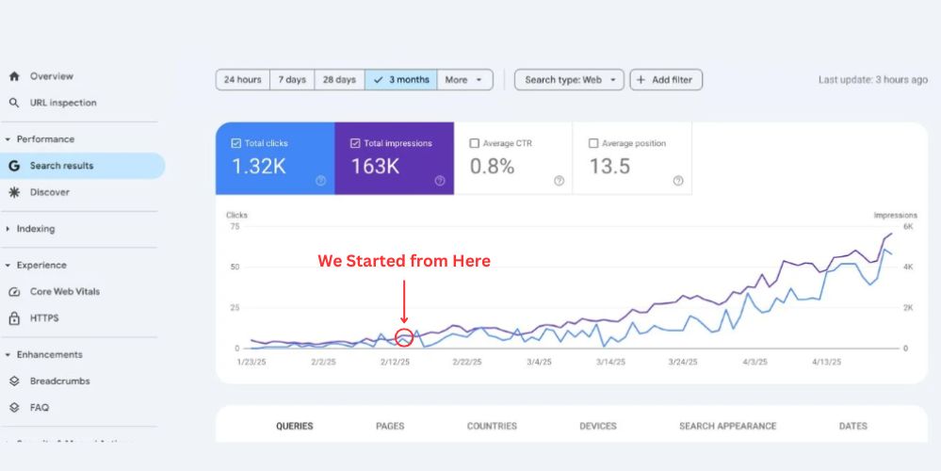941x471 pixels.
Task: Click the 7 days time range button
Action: (x=292, y=80)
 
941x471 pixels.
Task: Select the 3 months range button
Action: (x=402, y=80)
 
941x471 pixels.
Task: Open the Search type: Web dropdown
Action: (x=569, y=80)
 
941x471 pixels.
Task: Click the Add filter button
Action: (x=666, y=80)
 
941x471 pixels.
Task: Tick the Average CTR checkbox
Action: (x=475, y=143)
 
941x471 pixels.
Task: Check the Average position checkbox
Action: (x=593, y=143)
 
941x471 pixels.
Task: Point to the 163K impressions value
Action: (x=376, y=167)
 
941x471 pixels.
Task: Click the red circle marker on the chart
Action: (x=403, y=337)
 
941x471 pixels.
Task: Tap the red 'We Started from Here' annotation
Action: (x=403, y=261)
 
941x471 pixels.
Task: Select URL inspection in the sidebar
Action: (x=62, y=103)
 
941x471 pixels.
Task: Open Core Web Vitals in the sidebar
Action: (x=64, y=291)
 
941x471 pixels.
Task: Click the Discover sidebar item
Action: (x=49, y=192)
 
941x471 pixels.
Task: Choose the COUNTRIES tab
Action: (x=492, y=426)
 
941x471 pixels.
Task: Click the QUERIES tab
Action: (x=294, y=426)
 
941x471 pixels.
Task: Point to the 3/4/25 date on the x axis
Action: (x=540, y=362)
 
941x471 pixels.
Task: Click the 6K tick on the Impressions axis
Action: (x=909, y=226)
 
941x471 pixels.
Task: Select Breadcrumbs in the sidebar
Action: (x=59, y=382)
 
